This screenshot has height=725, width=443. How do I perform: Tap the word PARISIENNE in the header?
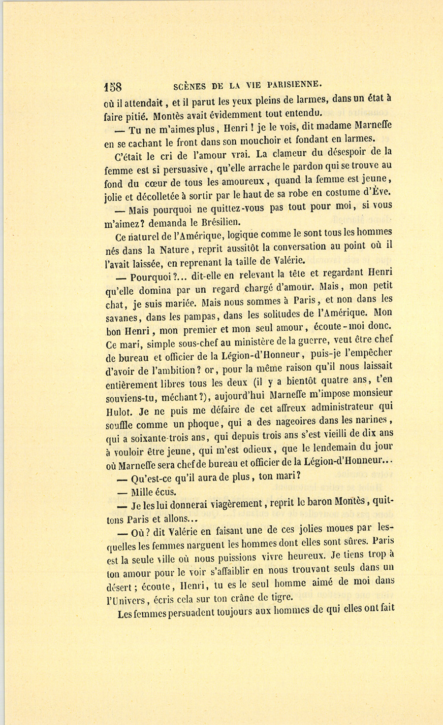[x=294, y=83]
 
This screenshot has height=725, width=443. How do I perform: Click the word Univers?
[x=130, y=600]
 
